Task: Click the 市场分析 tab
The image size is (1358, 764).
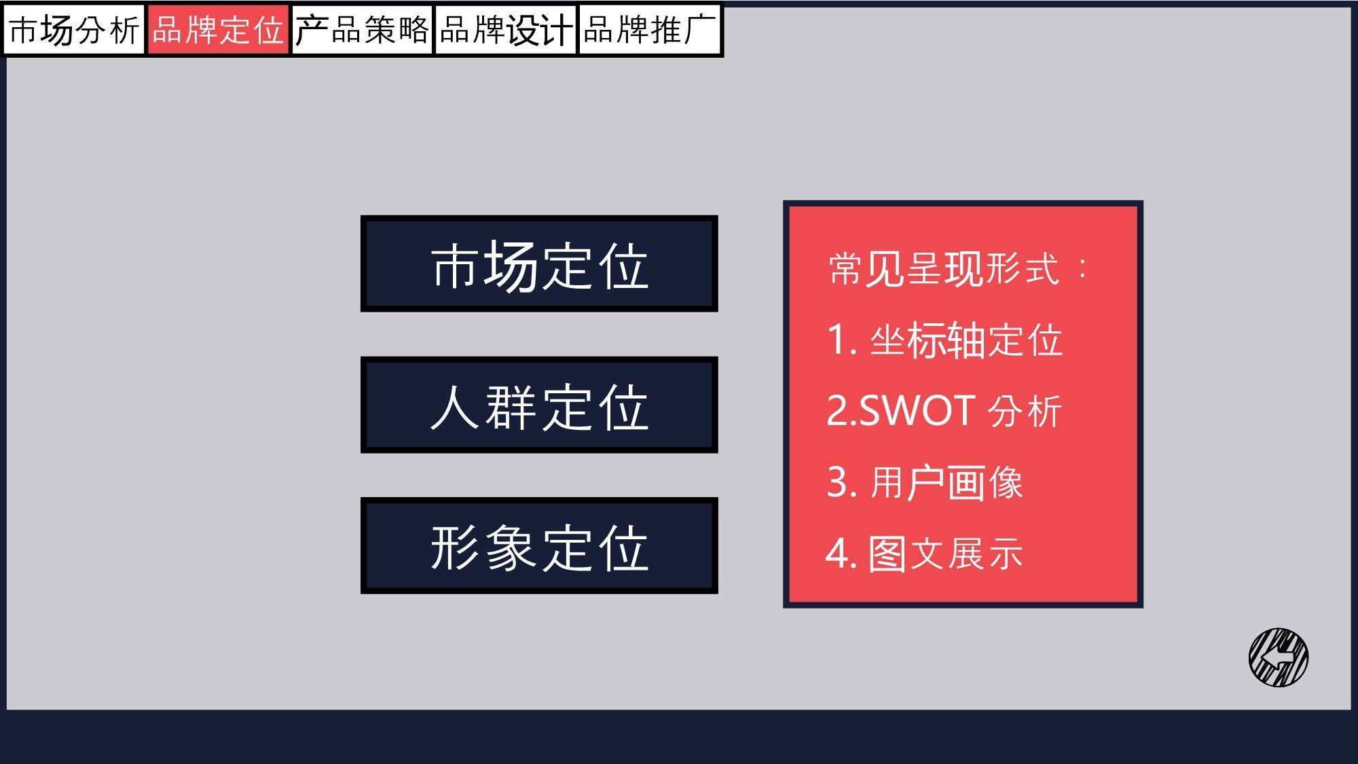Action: click(x=74, y=30)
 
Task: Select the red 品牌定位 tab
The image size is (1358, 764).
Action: click(x=218, y=30)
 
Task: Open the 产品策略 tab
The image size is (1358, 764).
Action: click(x=363, y=30)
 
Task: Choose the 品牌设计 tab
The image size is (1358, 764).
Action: click(x=506, y=30)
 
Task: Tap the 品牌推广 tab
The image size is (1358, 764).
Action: click(x=650, y=30)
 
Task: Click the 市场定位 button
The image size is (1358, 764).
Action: click(x=539, y=263)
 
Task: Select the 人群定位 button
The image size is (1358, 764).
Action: click(x=539, y=405)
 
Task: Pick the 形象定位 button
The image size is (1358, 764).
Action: click(x=539, y=545)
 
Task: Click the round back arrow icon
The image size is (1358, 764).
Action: click(x=1279, y=657)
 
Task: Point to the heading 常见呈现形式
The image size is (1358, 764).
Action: click(x=944, y=269)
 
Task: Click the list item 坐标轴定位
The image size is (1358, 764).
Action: click(x=966, y=340)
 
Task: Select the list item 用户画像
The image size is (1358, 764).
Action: click(x=946, y=483)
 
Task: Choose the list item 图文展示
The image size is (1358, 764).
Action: click(x=945, y=553)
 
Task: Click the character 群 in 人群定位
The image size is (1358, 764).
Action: click(x=511, y=407)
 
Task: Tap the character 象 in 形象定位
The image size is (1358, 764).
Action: click(x=511, y=547)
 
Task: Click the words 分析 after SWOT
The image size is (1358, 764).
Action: click(x=1025, y=411)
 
